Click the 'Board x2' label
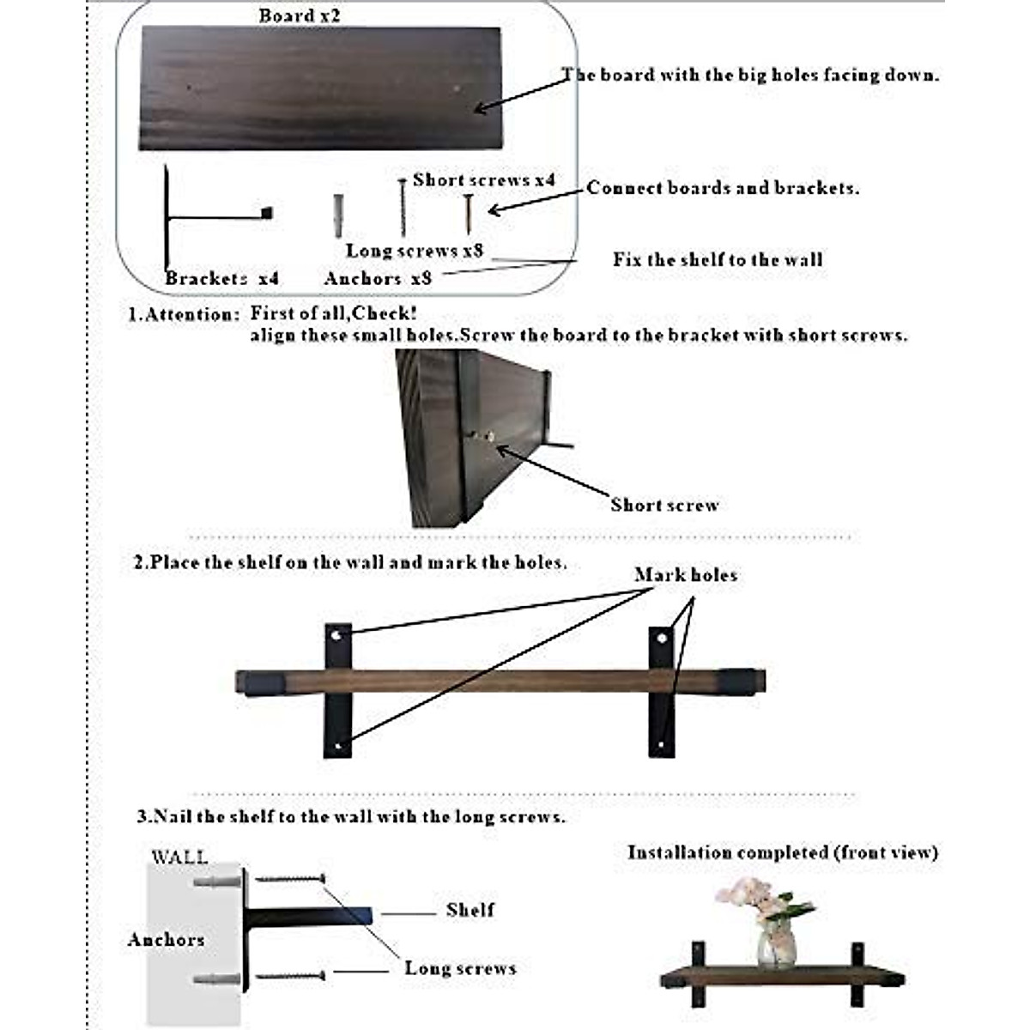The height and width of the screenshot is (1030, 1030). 299,16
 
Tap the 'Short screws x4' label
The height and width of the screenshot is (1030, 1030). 483,180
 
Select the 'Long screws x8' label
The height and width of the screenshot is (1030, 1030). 415,251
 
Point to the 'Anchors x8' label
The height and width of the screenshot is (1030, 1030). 378,278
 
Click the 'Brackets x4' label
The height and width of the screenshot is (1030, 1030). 221,278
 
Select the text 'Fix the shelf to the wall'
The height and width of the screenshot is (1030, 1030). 718,259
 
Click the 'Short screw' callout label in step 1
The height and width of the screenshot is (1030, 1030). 664,505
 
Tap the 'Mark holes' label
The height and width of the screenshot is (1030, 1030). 686,575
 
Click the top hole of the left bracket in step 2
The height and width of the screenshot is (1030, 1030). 338,636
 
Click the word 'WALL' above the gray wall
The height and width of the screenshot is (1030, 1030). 179,857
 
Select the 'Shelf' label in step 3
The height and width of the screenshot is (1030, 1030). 470,910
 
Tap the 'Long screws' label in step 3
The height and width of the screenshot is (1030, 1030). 460,968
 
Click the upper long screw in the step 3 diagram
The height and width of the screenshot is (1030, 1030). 291,878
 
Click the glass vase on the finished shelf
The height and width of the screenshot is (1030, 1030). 776,945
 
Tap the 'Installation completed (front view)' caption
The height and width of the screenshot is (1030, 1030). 782,852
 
